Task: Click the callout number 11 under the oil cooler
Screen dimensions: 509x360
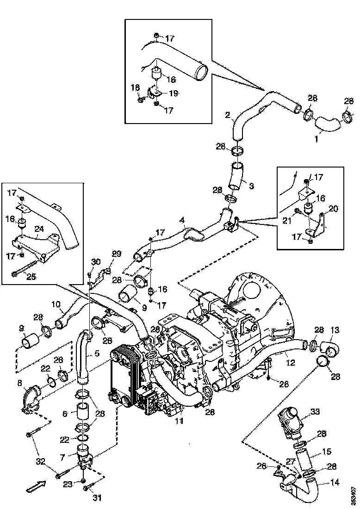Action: (x=179, y=421)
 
